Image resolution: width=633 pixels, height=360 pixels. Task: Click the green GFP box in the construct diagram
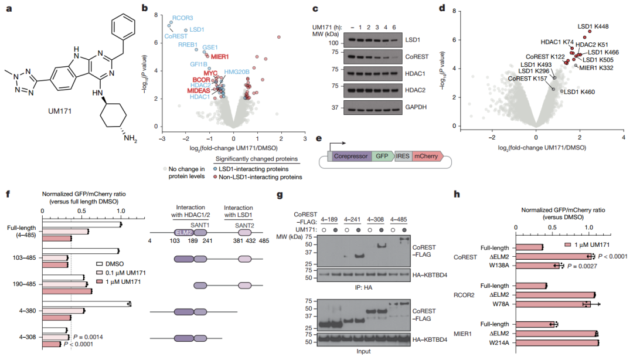[x=382, y=157]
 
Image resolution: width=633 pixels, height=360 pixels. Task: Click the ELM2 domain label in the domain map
[x=184, y=232]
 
